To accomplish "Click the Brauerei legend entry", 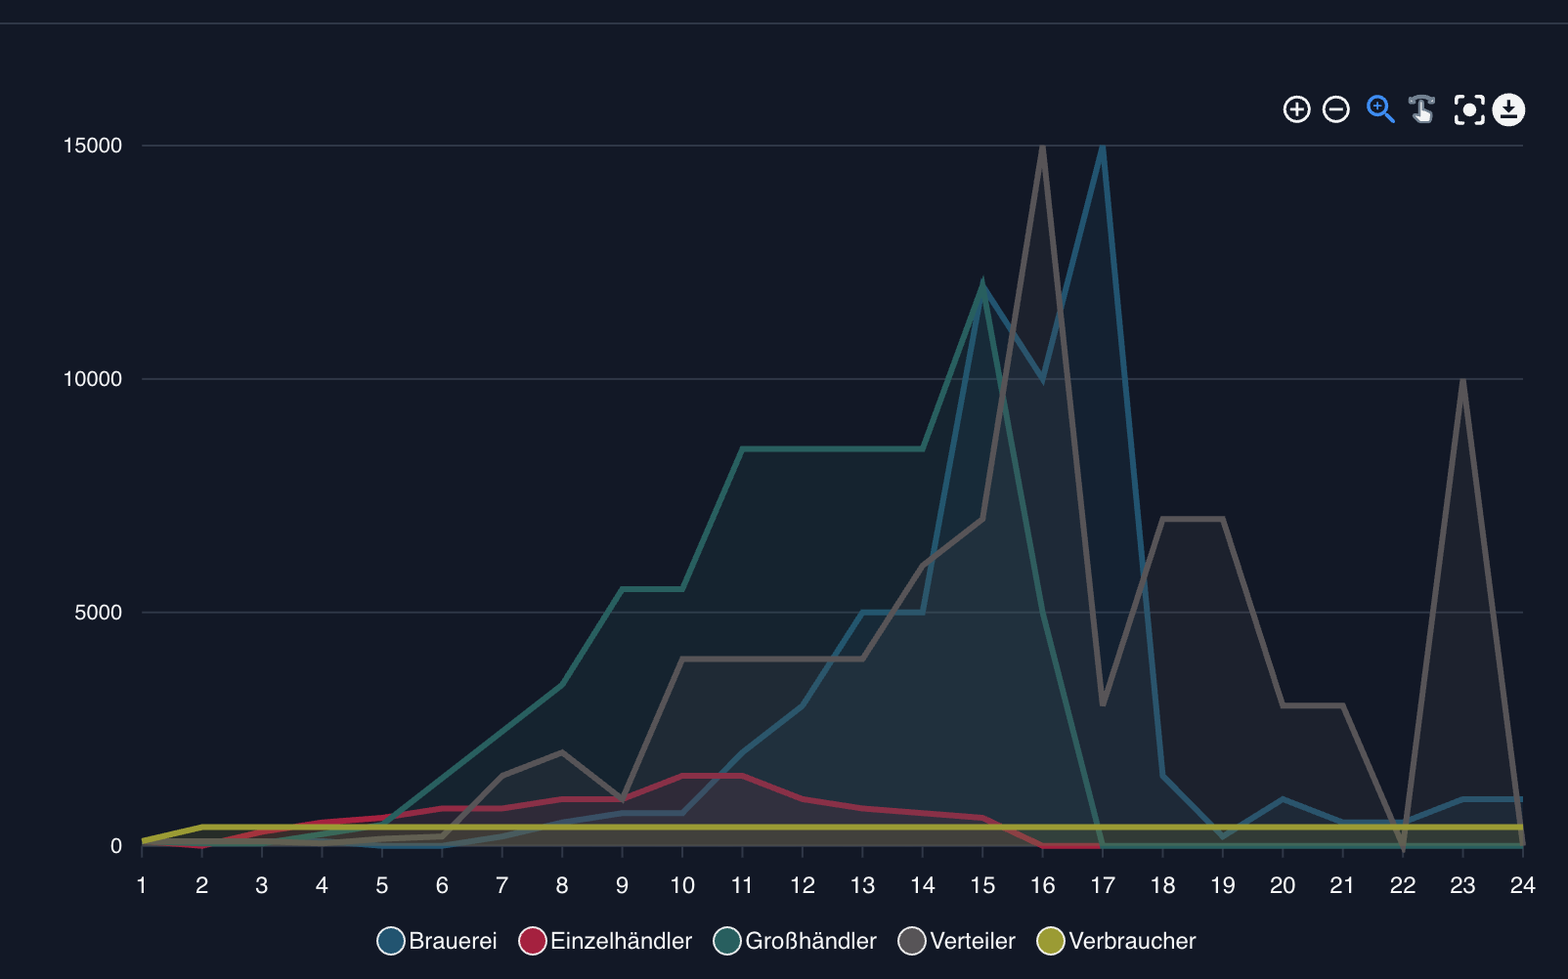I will [437, 941].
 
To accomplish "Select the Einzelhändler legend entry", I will [606, 941].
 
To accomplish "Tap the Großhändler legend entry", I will [796, 941].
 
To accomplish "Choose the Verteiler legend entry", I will [957, 941].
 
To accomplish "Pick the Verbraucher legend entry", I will [1116, 941].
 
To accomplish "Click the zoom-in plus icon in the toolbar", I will [1296, 109].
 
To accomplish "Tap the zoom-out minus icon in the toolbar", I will [1336, 109].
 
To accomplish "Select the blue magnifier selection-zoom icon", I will [1380, 109].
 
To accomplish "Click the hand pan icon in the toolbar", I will [1422, 109].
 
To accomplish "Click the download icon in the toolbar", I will [1508, 109].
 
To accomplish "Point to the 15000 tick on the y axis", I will [93, 146].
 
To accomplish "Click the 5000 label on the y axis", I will [99, 613].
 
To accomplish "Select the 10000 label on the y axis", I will [93, 379].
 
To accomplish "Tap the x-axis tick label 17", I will [1103, 885].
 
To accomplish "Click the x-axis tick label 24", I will [1522, 885].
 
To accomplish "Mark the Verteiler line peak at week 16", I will [1043, 147].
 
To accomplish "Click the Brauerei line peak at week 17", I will [1103, 148].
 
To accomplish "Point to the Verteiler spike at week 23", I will [1462, 380].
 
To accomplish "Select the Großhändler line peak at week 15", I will [982, 286].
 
